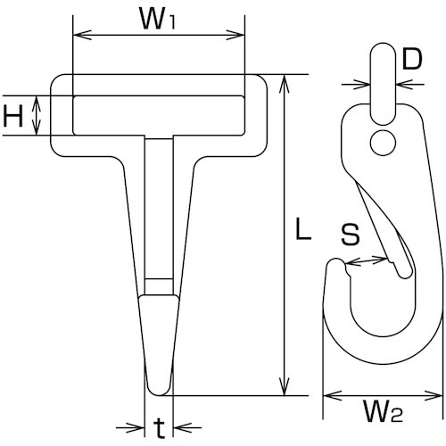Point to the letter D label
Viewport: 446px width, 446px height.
point(411,60)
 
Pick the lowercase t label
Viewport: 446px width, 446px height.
point(158,425)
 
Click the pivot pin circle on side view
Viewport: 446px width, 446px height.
point(384,140)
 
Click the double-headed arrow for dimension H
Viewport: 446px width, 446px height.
point(37,116)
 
